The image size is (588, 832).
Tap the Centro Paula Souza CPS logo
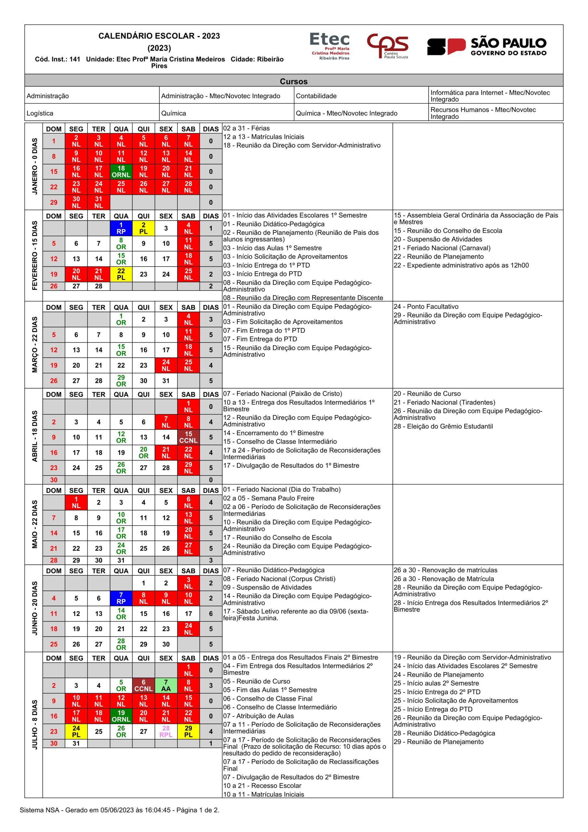click(387, 46)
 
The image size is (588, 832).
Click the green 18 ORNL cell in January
click(121, 171)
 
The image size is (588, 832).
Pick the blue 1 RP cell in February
click(121, 228)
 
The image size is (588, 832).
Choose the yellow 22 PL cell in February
click(121, 274)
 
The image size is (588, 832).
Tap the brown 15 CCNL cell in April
click(188, 437)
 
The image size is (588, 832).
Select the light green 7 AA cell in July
click(166, 685)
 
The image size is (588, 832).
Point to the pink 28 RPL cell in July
click(166, 731)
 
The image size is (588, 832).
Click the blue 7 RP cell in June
click(121, 598)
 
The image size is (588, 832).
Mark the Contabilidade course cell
click(361, 96)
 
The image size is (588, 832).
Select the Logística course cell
click(92, 113)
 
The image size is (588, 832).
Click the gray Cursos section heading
click(294, 81)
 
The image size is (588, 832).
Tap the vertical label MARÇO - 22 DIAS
click(35, 344)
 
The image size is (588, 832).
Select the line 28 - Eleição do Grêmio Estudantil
click(443, 426)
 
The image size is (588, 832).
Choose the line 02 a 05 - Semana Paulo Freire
click(268, 498)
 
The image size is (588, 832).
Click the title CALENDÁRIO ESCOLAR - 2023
click(159, 36)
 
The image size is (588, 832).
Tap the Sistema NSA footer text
click(119, 810)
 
